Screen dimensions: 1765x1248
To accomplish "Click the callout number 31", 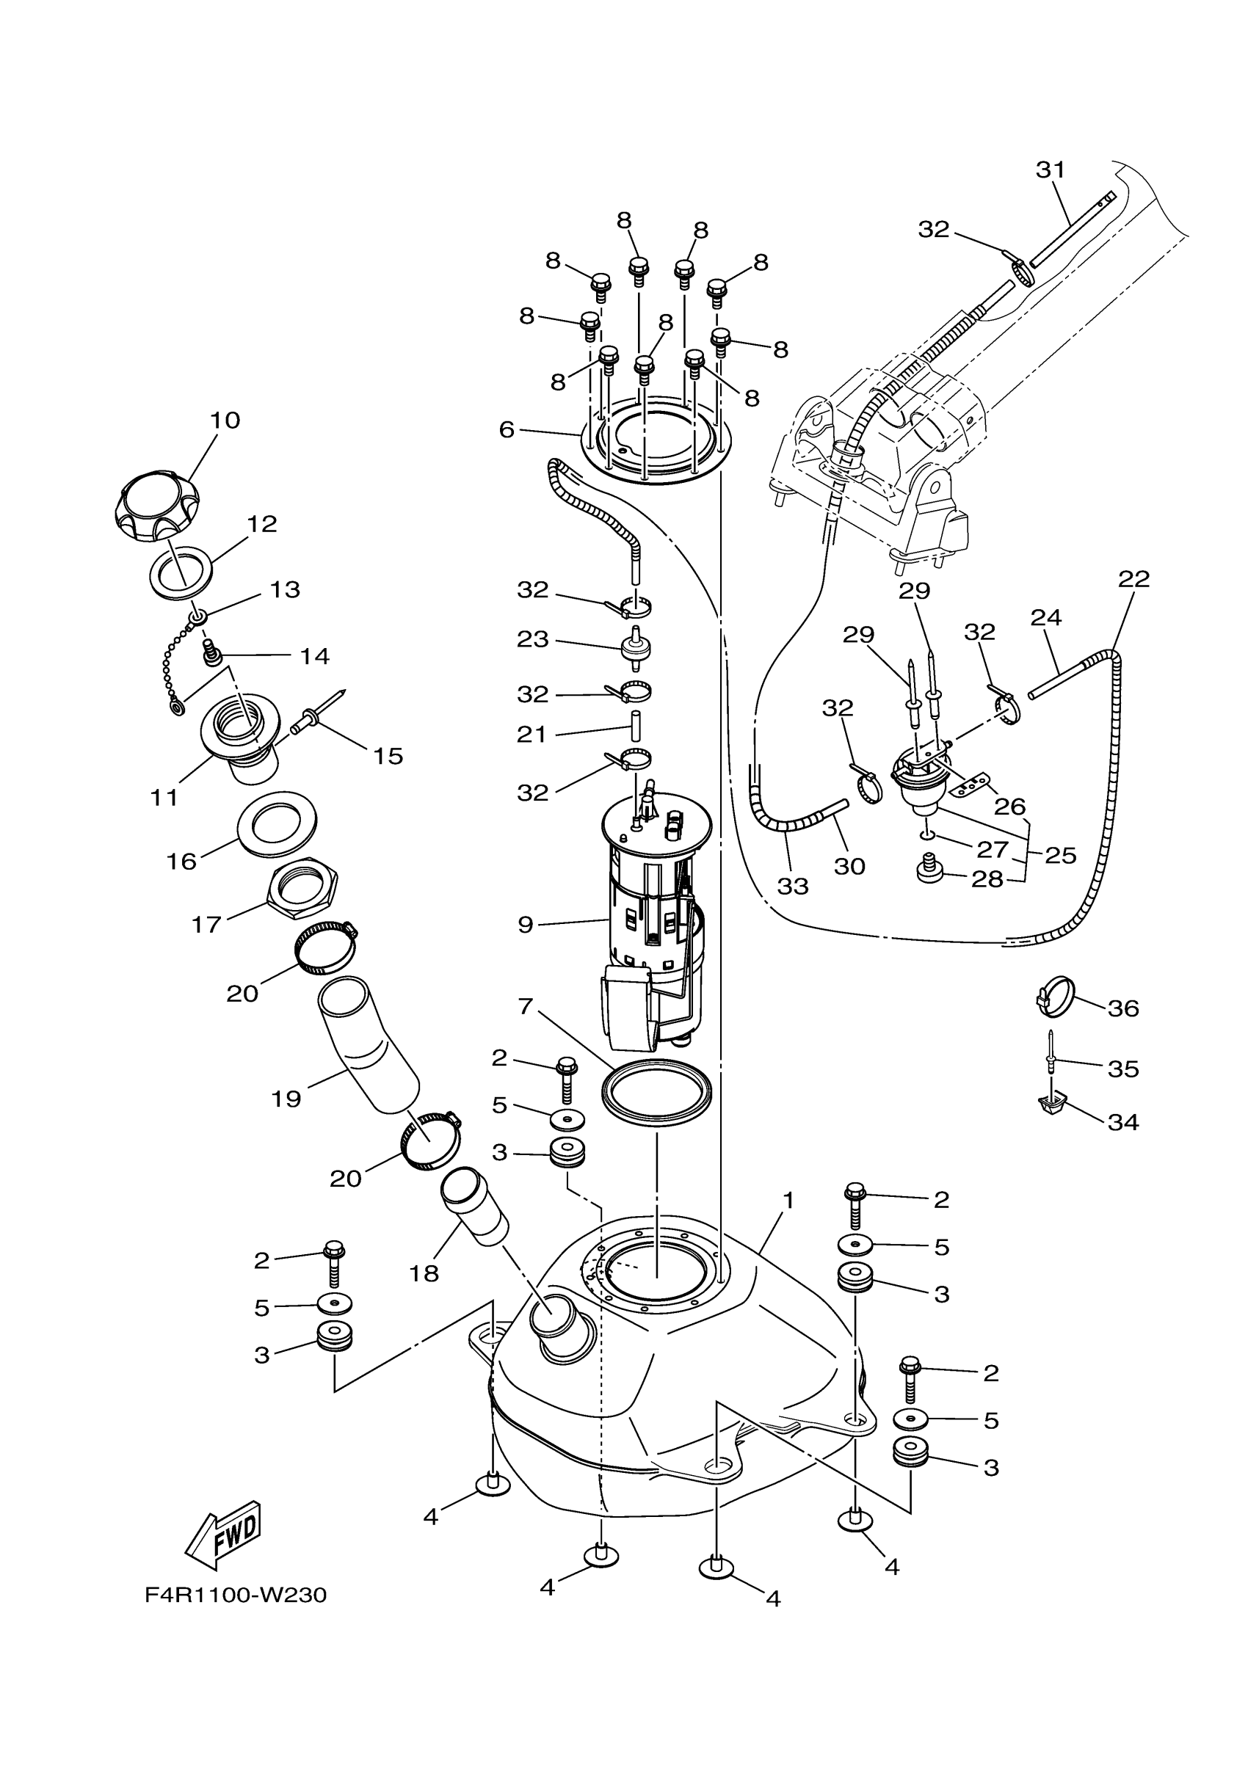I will [1050, 169].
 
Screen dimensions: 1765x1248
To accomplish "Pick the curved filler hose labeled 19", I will [368, 1051].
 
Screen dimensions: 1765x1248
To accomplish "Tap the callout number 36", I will [1122, 1008].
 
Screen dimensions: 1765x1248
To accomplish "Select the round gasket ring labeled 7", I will [656, 1095].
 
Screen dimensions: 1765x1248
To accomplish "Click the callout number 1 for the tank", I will [788, 1200].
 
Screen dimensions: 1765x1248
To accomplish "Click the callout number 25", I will [1061, 855].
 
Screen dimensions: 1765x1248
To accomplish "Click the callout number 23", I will [533, 638].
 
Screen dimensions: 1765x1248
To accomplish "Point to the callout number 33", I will [793, 887].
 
